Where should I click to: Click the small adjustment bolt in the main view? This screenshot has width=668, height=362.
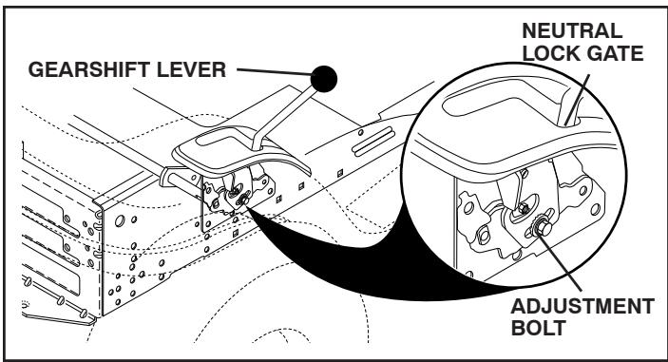coord(245,199)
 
